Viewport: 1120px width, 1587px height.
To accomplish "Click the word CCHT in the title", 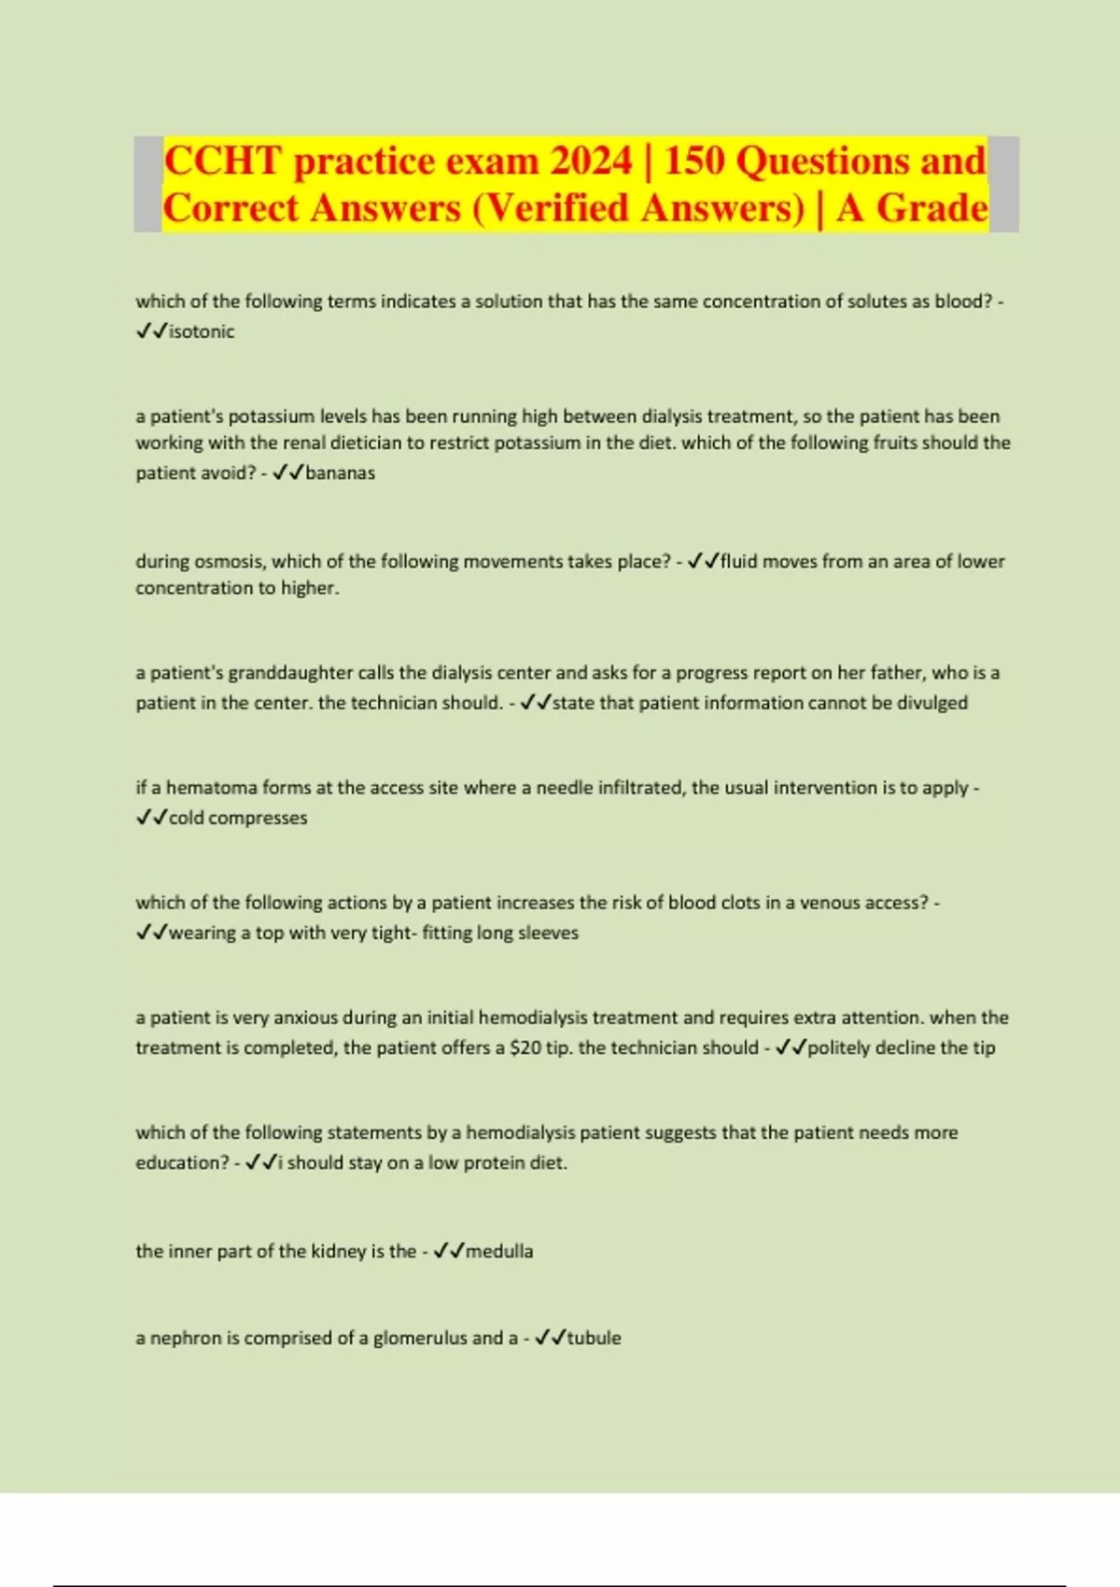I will point(222,161).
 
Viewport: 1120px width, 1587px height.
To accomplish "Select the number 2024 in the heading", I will point(591,161).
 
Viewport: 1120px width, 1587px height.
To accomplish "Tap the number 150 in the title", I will point(693,161).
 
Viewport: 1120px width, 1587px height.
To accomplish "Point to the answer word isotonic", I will point(202,331).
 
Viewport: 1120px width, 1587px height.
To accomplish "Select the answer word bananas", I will point(340,473).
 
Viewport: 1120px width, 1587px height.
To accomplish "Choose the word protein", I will point(498,1163).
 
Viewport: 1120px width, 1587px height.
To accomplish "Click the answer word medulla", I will point(499,1251).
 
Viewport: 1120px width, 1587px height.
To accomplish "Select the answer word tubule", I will point(594,1338).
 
